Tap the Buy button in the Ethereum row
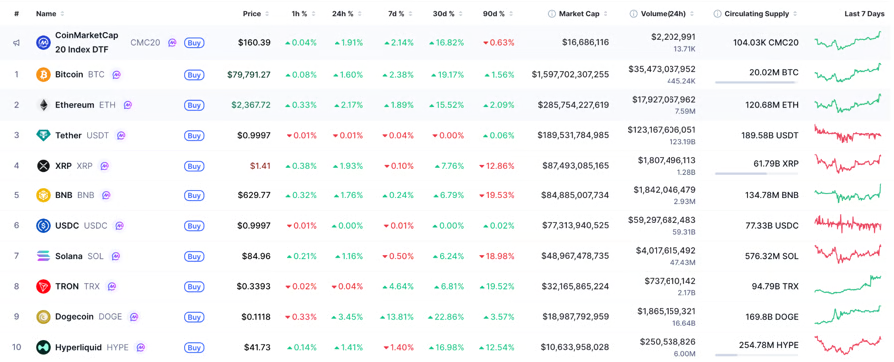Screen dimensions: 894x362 pyautogui.click(x=194, y=105)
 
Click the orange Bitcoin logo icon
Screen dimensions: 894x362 pyautogui.click(x=43, y=74)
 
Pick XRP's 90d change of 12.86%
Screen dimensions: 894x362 pyautogui.click(x=498, y=166)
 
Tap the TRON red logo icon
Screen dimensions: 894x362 pyautogui.click(x=43, y=287)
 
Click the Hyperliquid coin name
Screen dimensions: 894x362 pyautogui.click(x=78, y=347)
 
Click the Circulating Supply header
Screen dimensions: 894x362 pyautogui.click(x=756, y=14)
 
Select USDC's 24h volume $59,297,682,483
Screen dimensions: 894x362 pyautogui.click(x=662, y=220)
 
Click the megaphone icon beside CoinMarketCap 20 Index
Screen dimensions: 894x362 pyautogui.click(x=17, y=42)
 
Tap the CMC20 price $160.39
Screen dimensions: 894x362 pyautogui.click(x=254, y=42)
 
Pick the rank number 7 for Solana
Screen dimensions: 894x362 pyautogui.click(x=17, y=256)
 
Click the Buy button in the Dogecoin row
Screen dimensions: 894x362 pyautogui.click(x=194, y=317)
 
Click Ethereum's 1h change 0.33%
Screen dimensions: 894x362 pyautogui.click(x=301, y=105)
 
